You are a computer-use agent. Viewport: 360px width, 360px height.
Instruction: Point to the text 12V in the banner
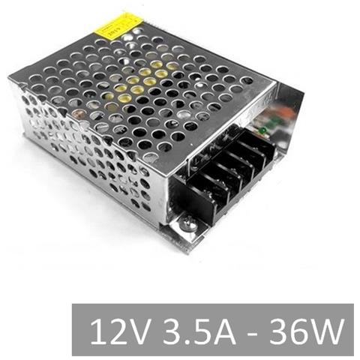[x=115, y=330]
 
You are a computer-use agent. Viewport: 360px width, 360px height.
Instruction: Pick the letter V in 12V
[x=136, y=330]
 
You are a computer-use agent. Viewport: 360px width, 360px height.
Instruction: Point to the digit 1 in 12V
[x=96, y=330]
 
